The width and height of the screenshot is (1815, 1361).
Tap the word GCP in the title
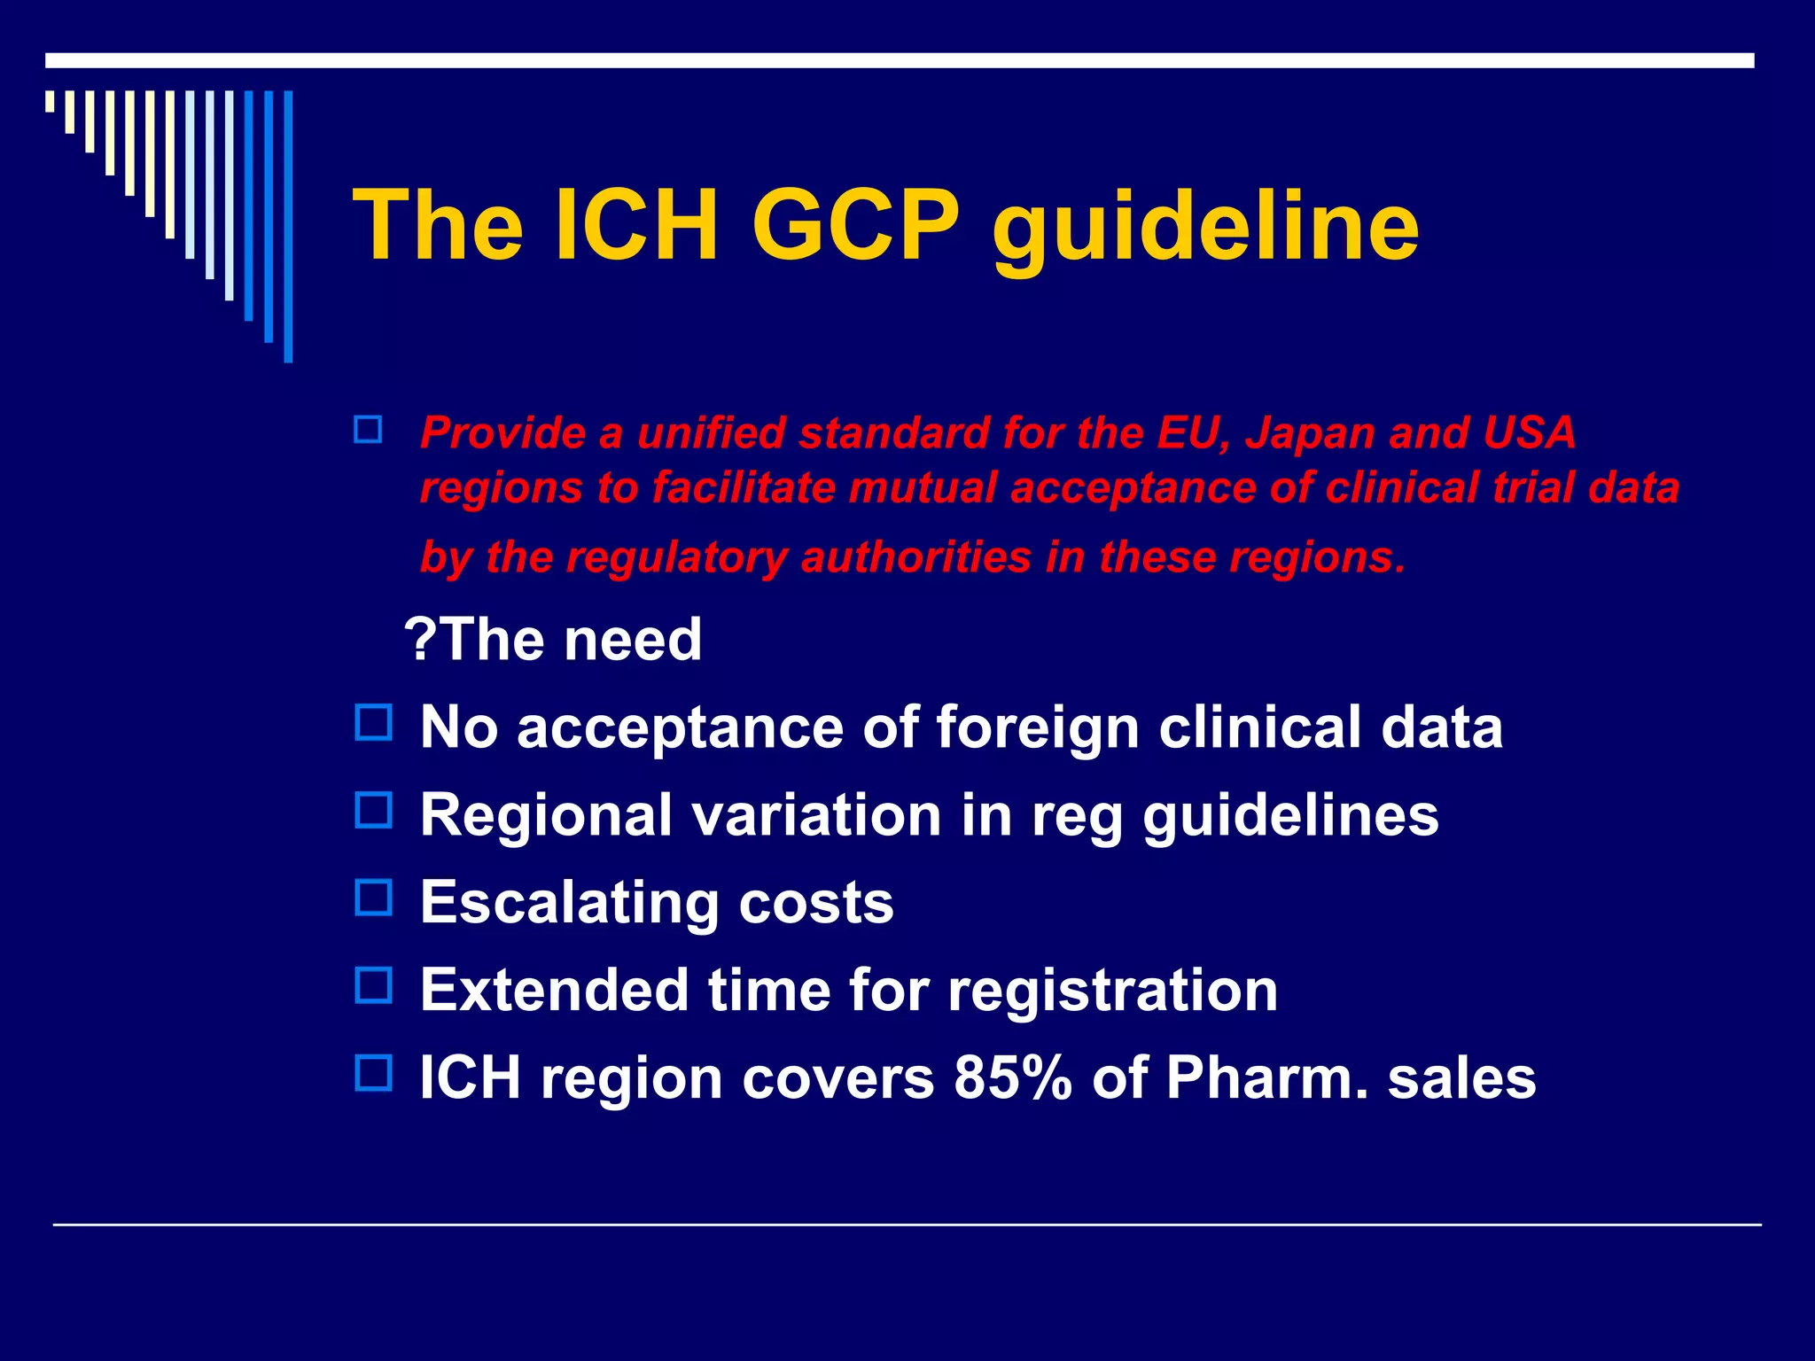[855, 227]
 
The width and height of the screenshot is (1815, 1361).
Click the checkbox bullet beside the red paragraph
[368, 431]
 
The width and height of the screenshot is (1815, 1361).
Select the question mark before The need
[420, 639]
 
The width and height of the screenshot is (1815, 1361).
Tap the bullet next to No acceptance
[373, 723]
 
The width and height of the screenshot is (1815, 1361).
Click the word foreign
[1037, 728]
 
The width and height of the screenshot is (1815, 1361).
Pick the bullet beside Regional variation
[373, 810]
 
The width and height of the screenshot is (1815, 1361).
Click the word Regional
[546, 815]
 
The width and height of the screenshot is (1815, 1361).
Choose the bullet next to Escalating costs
[373, 898]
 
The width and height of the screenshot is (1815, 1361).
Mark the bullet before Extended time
[373, 985]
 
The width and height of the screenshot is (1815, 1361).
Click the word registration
[1112, 991]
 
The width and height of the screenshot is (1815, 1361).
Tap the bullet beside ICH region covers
[373, 1072]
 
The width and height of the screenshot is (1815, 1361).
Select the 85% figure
[1012, 1078]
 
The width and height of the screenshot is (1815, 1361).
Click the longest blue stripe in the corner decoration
[288, 227]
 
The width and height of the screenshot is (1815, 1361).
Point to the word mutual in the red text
[922, 488]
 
